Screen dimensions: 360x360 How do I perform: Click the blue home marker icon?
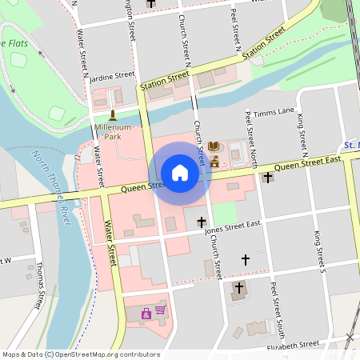[x=180, y=173]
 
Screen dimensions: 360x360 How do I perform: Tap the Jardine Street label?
[x=112, y=76]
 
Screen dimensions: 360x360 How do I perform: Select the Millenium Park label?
[x=113, y=132]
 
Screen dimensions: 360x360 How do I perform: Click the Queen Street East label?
[x=307, y=163]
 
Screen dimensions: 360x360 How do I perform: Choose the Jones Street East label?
[x=233, y=228]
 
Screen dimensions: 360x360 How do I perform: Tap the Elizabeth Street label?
[x=293, y=345]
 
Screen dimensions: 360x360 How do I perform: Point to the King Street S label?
[x=318, y=250]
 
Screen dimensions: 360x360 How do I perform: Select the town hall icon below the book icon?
[x=214, y=162]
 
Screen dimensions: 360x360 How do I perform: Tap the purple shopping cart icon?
[x=160, y=310]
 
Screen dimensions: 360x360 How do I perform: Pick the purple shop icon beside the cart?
[x=146, y=314]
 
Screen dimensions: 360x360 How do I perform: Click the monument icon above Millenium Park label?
[x=112, y=115]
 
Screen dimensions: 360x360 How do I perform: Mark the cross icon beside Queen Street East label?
[x=267, y=177]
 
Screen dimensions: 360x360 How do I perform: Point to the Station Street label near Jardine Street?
[x=164, y=80]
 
